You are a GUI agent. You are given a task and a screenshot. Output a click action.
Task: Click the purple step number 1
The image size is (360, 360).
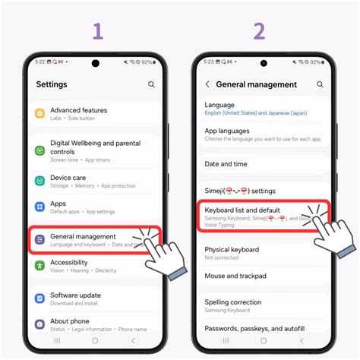click(x=97, y=31)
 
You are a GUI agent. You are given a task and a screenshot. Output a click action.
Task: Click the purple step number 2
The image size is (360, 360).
click(x=259, y=31)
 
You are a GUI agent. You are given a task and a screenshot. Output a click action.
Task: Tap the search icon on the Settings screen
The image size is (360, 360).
click(x=152, y=84)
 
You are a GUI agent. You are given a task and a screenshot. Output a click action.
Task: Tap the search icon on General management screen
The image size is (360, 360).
click(x=320, y=84)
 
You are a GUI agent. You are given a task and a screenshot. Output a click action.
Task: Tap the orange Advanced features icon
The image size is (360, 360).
click(x=39, y=114)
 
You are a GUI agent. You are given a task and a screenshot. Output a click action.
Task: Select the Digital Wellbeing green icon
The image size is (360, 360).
click(x=39, y=150)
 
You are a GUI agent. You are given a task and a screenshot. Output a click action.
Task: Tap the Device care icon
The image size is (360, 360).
click(x=39, y=181)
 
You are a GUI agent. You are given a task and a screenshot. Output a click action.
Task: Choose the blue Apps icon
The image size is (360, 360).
click(x=39, y=207)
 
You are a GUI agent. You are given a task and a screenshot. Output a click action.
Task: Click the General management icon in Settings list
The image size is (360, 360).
click(x=39, y=240)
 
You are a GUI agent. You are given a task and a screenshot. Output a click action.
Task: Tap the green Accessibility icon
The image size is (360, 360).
click(x=39, y=266)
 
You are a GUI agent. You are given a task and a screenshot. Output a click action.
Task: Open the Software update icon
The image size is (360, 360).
click(x=39, y=298)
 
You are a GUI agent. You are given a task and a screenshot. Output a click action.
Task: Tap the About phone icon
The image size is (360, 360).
click(x=39, y=324)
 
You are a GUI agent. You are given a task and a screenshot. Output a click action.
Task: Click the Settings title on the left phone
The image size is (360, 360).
click(x=52, y=84)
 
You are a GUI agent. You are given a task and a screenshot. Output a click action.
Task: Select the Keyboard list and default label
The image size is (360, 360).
click(x=242, y=210)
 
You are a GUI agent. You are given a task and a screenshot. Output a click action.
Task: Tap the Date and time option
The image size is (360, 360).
click(x=226, y=163)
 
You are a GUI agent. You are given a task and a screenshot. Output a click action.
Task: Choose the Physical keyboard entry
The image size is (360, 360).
click(x=232, y=249)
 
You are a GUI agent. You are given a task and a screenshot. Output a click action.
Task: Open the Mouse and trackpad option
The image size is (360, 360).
click(x=236, y=276)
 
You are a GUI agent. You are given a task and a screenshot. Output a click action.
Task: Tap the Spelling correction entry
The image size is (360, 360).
click(x=232, y=302)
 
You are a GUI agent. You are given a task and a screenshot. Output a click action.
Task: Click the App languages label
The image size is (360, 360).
click(x=227, y=131)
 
